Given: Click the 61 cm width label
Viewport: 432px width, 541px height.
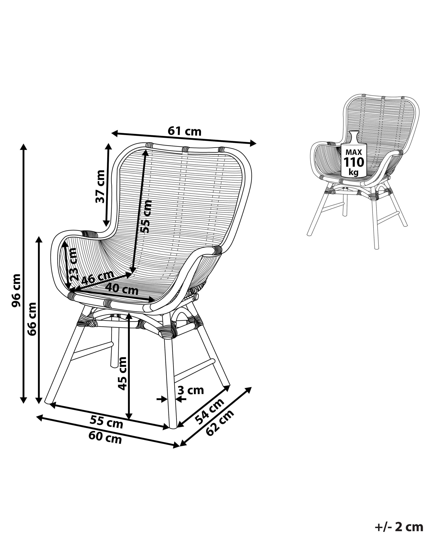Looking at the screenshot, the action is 184,131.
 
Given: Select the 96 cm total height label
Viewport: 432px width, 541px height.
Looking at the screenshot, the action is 17,291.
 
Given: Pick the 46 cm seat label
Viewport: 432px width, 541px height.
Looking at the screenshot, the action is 98,278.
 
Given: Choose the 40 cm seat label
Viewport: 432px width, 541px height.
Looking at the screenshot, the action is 122,289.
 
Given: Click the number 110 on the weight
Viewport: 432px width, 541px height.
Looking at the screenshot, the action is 354,162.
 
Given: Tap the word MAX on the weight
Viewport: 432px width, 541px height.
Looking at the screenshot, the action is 354,152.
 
